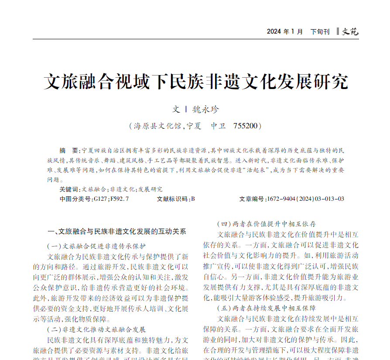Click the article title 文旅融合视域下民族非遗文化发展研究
(x=196, y=82)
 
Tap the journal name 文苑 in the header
(x=350, y=31)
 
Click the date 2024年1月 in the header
(x=285, y=32)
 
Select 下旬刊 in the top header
(x=320, y=32)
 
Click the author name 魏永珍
(x=206, y=110)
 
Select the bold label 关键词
(x=69, y=189)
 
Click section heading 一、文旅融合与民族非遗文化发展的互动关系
(x=116, y=231)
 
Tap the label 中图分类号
(x=75, y=199)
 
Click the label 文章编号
(x=252, y=199)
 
